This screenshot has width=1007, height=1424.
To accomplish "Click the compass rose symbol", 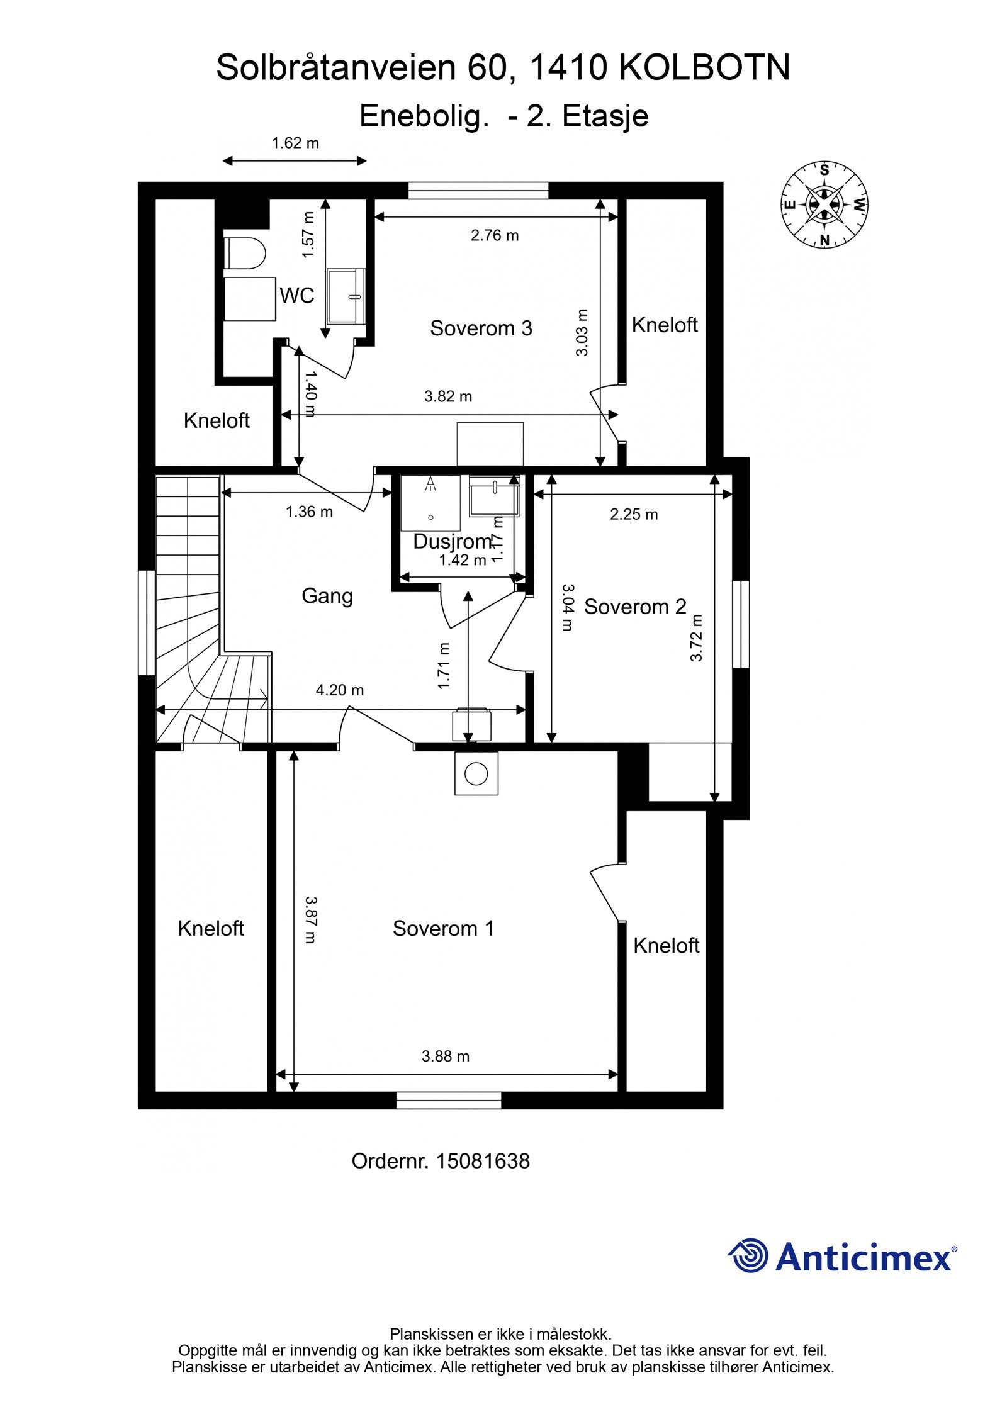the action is click(824, 205).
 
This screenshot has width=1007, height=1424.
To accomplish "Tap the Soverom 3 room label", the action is click(481, 328).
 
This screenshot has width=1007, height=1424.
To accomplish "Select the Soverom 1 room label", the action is click(443, 928).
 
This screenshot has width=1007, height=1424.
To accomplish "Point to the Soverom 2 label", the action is click(635, 607).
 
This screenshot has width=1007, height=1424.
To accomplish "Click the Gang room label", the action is click(327, 596).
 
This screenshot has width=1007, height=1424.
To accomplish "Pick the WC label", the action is click(296, 295).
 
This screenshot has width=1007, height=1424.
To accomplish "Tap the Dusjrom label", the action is click(452, 541).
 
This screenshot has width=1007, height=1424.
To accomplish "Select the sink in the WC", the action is click(346, 296).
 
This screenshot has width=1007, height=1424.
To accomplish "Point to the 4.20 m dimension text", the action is click(340, 690).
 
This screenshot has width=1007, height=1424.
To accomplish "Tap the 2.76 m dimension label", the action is click(495, 235).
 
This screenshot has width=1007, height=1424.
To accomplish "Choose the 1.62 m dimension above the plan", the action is click(295, 143).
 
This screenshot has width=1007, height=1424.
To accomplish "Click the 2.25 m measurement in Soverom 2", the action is click(634, 514).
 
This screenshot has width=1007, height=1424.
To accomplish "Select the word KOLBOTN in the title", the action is click(705, 68).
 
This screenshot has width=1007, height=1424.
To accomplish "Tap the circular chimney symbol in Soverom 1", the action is click(476, 773).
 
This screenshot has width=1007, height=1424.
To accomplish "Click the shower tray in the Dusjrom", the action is click(430, 503).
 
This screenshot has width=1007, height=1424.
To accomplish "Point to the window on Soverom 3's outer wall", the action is click(478, 191).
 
